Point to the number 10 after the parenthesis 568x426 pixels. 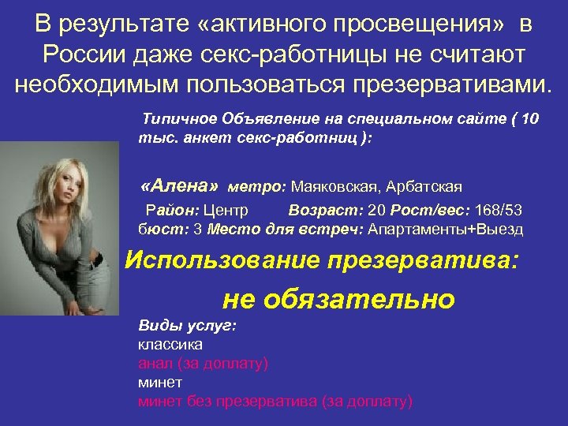[x=529, y=119]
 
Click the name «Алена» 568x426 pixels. [x=178, y=186]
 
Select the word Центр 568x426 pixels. [x=228, y=211]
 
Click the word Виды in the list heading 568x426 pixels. [x=155, y=325]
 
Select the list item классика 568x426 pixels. [x=170, y=344]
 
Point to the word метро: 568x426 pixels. [x=257, y=187]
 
